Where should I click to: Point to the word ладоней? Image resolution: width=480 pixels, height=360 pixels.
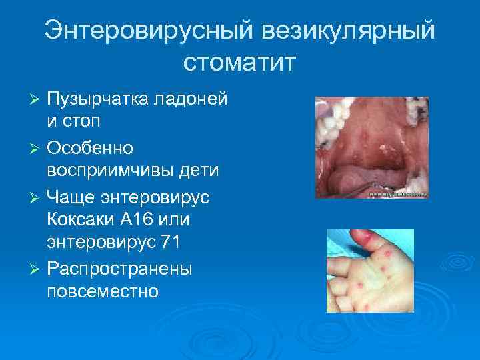pyautogui.click(x=192, y=99)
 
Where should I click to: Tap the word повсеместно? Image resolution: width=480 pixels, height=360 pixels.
pyautogui.click(x=103, y=291)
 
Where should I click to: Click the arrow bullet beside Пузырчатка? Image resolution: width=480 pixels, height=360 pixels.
pyautogui.click(x=37, y=99)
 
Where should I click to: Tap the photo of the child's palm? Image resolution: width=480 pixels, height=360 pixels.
pyautogui.click(x=369, y=271)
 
